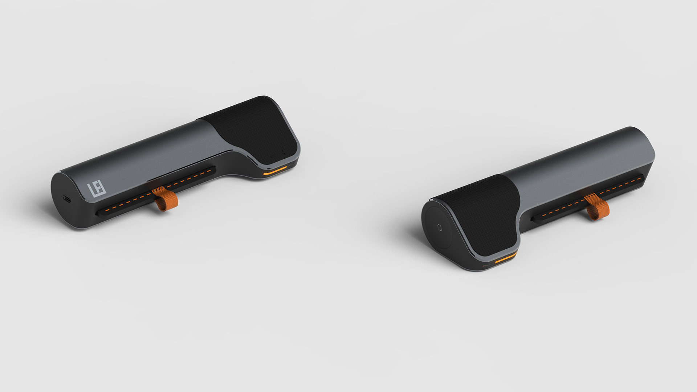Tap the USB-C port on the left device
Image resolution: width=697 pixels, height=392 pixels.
click(67, 199)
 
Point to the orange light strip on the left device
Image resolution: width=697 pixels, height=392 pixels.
click(275, 171)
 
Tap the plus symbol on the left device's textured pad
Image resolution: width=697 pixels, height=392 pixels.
click(283, 154)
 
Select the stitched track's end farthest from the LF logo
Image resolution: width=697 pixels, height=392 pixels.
click(213, 169)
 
